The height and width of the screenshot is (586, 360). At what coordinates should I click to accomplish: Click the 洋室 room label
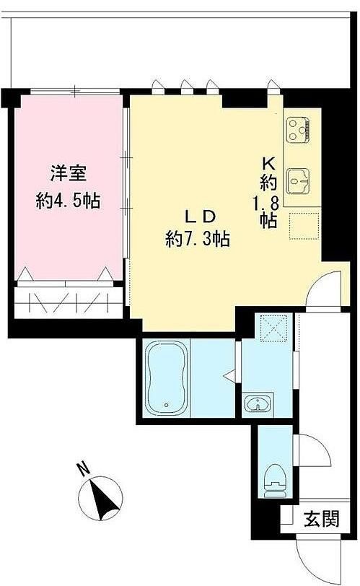click(x=69, y=174)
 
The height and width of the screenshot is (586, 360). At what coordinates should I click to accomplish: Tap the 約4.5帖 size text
click(x=68, y=201)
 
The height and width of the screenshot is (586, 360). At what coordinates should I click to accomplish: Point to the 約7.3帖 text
click(x=198, y=238)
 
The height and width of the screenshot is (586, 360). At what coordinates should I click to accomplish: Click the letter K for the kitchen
click(x=269, y=163)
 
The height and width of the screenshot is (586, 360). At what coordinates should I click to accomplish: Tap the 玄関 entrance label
click(x=322, y=519)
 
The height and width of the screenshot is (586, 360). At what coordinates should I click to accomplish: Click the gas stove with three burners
click(x=298, y=130)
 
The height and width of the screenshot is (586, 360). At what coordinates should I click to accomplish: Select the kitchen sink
click(x=298, y=181)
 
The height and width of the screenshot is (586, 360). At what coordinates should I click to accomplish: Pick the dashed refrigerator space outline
click(x=304, y=226)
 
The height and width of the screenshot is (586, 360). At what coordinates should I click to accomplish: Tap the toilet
click(x=275, y=481)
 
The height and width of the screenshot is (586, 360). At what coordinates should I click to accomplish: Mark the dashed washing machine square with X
click(x=273, y=328)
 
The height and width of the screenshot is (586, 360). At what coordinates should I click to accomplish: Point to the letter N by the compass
click(x=84, y=469)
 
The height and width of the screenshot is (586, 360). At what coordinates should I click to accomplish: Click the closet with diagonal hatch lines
click(x=69, y=302)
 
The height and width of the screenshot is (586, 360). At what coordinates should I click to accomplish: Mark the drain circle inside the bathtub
click(x=167, y=404)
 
